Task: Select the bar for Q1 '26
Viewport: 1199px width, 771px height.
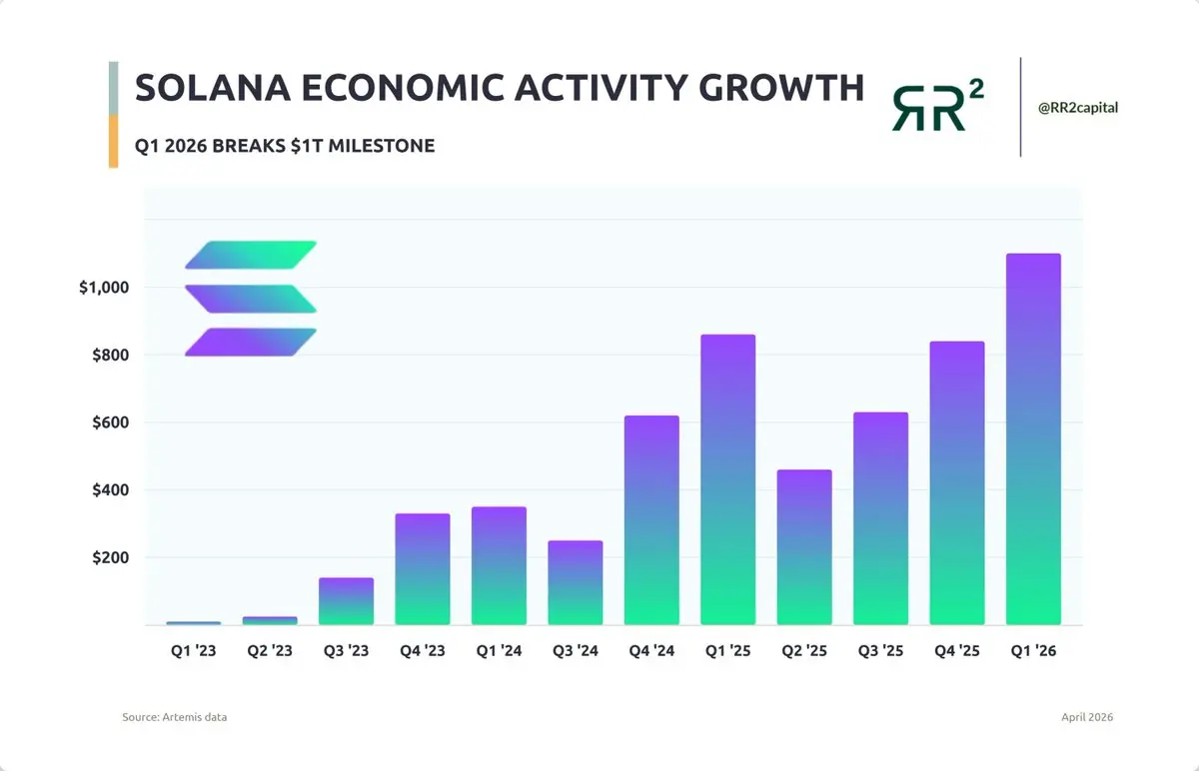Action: point(1032,439)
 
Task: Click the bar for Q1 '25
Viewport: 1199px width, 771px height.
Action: point(727,479)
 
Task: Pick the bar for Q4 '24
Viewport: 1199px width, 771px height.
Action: point(651,520)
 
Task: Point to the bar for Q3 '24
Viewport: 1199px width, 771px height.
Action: point(575,583)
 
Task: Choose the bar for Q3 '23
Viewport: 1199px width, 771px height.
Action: point(346,601)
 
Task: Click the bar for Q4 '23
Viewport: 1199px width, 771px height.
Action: point(423,569)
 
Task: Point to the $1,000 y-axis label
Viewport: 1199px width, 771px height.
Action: point(104,288)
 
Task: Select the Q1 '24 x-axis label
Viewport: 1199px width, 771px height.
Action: point(498,651)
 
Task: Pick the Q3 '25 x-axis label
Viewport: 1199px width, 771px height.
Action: point(880,651)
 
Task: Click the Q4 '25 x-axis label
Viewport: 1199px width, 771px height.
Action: point(956,651)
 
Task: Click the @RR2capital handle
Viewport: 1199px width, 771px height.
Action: point(1077,108)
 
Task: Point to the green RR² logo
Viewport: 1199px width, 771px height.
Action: point(937,106)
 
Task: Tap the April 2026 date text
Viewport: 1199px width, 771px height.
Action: point(1087,717)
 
